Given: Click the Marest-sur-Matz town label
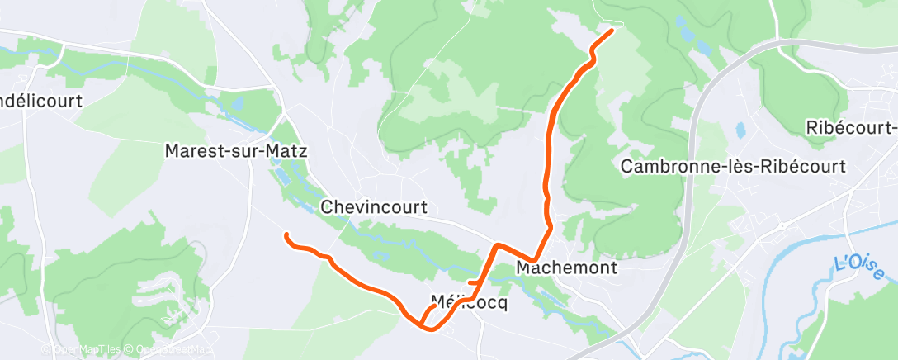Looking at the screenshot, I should point(236,151).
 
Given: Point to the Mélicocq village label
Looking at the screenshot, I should point(469,302).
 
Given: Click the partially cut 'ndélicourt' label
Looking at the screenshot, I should point(44,101).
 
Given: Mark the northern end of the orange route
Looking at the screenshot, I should point(612,31).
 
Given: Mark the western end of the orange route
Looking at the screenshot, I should point(286,235).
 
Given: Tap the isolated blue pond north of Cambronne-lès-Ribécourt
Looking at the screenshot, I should point(740,130).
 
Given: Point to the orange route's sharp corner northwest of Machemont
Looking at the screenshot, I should point(496,244).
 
